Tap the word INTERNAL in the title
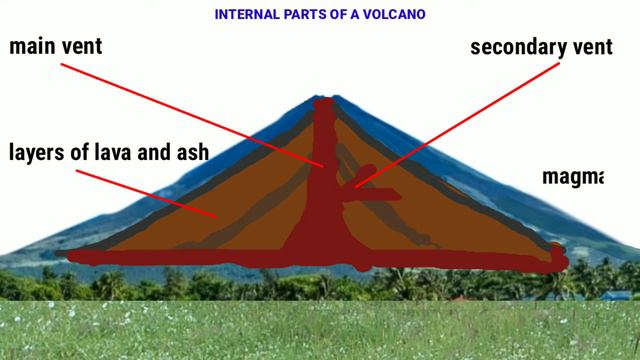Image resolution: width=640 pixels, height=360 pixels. click(x=248, y=14)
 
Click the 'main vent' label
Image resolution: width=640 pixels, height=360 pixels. click(x=56, y=46)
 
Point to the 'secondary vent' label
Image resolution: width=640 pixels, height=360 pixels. click(x=540, y=47)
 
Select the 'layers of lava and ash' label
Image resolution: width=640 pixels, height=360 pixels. click(x=108, y=152)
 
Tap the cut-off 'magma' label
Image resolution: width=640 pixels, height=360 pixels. click(x=573, y=177)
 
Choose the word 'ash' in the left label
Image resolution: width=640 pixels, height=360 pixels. click(x=190, y=152)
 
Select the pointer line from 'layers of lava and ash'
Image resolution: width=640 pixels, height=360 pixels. click(x=140, y=190)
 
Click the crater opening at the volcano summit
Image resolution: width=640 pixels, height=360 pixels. click(x=323, y=102)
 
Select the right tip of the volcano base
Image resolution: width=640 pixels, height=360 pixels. click(x=562, y=262)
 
